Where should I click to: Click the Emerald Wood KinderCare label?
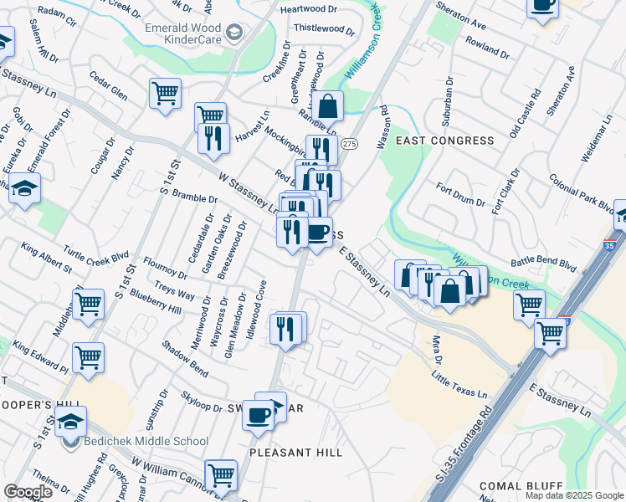181,33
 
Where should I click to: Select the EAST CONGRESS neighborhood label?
444,141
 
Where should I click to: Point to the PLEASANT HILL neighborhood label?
296,452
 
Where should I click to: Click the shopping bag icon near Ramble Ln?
327,105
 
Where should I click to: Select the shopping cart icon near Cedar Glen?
165,93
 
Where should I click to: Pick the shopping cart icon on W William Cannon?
221,475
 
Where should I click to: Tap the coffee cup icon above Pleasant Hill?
259,412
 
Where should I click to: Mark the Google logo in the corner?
28,491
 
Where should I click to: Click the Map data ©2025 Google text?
573,495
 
